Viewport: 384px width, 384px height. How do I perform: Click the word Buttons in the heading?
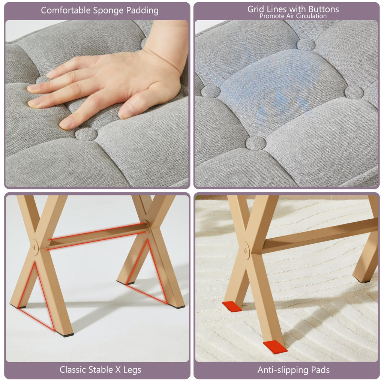pyautogui.click(x=324, y=9)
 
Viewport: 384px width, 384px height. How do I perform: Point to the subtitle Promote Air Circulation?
pyautogui.click(x=293, y=16)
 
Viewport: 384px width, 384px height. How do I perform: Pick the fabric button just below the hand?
pyautogui.click(x=86, y=134)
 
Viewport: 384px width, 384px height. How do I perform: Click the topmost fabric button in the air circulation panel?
pyautogui.click(x=306, y=45)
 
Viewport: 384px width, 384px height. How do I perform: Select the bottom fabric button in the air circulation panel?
pyautogui.click(x=256, y=143)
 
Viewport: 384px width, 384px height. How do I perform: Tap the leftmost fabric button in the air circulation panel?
pyautogui.click(x=211, y=91)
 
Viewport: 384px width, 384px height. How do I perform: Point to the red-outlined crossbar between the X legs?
pyautogui.click(x=97, y=236)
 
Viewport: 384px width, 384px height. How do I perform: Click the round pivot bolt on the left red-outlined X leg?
pyautogui.click(x=34, y=247)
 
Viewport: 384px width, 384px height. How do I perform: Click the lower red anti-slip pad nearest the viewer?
pyautogui.click(x=275, y=347)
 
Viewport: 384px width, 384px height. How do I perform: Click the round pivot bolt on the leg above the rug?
pyautogui.click(x=246, y=250)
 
